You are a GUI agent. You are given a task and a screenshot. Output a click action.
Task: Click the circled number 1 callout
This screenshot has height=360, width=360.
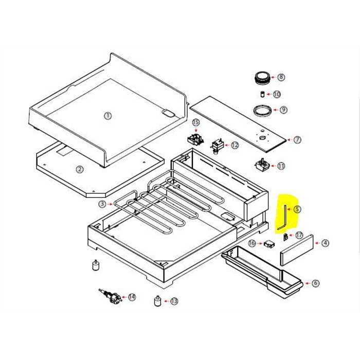coord(108,116)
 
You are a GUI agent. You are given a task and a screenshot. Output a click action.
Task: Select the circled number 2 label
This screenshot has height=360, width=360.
coord(79,169)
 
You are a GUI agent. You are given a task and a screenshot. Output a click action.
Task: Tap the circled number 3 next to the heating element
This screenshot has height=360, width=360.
coord(102,204)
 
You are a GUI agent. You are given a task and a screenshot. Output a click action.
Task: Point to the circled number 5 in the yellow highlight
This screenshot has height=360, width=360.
coord(297,209)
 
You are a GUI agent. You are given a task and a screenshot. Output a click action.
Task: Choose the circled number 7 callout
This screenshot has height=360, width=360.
coord(297,139)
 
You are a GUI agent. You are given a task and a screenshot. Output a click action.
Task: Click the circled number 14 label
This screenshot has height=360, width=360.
coord(132,297)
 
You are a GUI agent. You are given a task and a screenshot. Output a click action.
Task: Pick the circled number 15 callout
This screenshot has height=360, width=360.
coord(196,122)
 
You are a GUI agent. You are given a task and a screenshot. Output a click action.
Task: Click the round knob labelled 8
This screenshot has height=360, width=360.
coord(262,78)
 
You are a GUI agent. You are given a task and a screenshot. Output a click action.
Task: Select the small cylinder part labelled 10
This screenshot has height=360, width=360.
coord(262,94)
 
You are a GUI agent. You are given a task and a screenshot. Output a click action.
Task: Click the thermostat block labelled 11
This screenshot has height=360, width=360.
coord(262,165)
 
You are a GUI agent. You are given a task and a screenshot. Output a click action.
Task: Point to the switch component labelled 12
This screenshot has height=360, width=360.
coord(217,146)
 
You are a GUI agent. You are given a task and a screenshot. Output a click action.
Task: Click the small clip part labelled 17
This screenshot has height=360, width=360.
coord(285,237)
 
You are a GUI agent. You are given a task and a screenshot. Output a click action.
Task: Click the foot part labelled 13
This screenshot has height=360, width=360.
coord(157,301)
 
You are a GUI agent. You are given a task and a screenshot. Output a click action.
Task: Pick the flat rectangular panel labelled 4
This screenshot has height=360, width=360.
coord(297,250)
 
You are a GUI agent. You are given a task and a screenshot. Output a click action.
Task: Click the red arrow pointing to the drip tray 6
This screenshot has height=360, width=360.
coord(308,283)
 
